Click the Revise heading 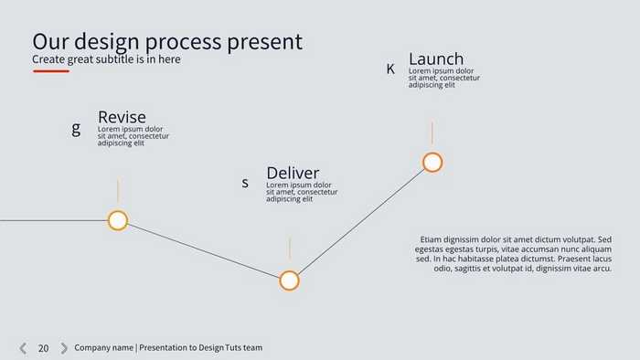click(x=122, y=117)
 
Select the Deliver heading click(x=293, y=173)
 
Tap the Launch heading click(x=436, y=59)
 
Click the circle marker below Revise click(x=117, y=220)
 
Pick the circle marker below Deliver click(x=289, y=281)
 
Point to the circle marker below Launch click(x=432, y=163)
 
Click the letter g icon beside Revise click(x=76, y=129)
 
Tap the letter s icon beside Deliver click(x=245, y=183)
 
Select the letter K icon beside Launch click(x=390, y=69)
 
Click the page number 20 click(x=43, y=348)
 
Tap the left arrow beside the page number click(x=23, y=348)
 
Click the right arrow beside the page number click(x=64, y=348)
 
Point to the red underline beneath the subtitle click(x=51, y=70)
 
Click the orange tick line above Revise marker click(x=117, y=190)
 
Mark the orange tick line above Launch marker click(x=432, y=132)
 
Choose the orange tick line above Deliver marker click(x=289, y=249)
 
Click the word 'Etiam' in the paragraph click(x=431, y=240)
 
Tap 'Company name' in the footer click(x=103, y=348)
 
